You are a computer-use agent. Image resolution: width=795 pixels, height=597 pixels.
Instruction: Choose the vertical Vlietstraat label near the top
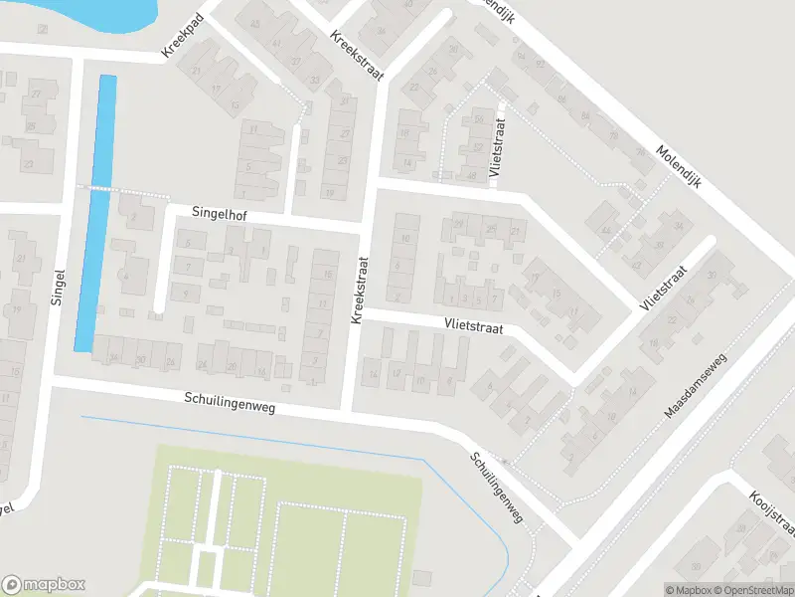[x=499, y=147]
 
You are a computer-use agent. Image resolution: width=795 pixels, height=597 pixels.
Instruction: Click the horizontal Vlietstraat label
[x=474, y=325]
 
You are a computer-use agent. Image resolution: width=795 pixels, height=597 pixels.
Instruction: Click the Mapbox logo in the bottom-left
[x=44, y=584]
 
